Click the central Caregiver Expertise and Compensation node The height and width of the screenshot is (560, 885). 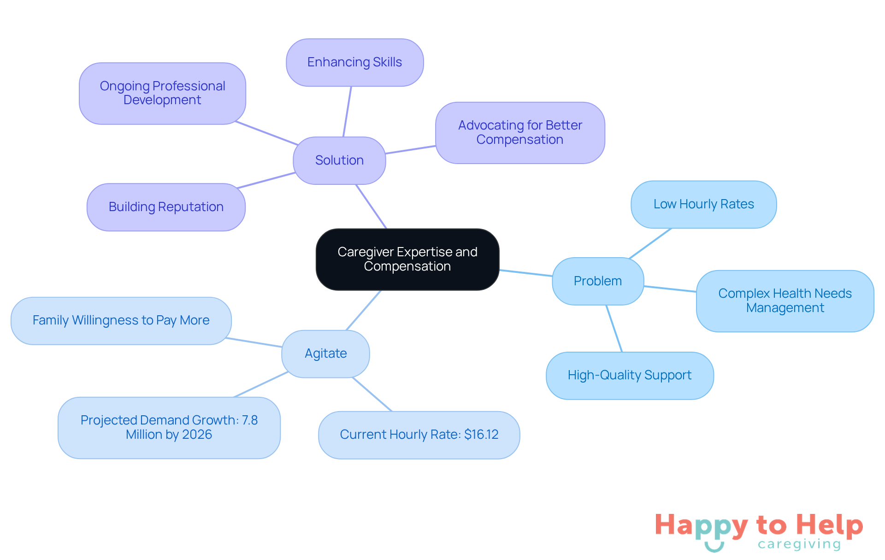tap(407, 259)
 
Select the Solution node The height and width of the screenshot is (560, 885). tap(339, 160)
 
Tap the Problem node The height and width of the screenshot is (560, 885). tap(597, 281)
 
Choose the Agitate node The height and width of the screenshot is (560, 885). tap(325, 354)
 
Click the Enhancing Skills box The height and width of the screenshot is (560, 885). tap(354, 62)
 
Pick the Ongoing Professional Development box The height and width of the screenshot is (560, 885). tap(162, 93)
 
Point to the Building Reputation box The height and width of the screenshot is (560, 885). tap(166, 207)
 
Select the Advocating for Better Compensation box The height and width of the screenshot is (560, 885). tap(519, 132)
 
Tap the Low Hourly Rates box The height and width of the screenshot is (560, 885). tap(703, 204)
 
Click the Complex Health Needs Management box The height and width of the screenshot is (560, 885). tap(785, 301)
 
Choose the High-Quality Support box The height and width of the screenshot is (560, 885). tap(629, 375)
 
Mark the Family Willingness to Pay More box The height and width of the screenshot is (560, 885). tap(121, 320)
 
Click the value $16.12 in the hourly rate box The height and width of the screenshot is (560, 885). tap(481, 435)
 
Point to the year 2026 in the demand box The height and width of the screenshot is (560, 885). tap(197, 435)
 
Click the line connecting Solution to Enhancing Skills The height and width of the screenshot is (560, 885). tap(347, 112)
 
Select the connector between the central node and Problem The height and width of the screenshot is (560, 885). tap(526, 273)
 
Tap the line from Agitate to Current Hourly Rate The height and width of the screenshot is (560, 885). tap(372, 394)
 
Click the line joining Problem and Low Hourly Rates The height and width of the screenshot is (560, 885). tap(650, 243)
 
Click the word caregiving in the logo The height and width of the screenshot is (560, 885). tap(799, 544)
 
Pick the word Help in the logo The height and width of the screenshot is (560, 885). tap(829, 525)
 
